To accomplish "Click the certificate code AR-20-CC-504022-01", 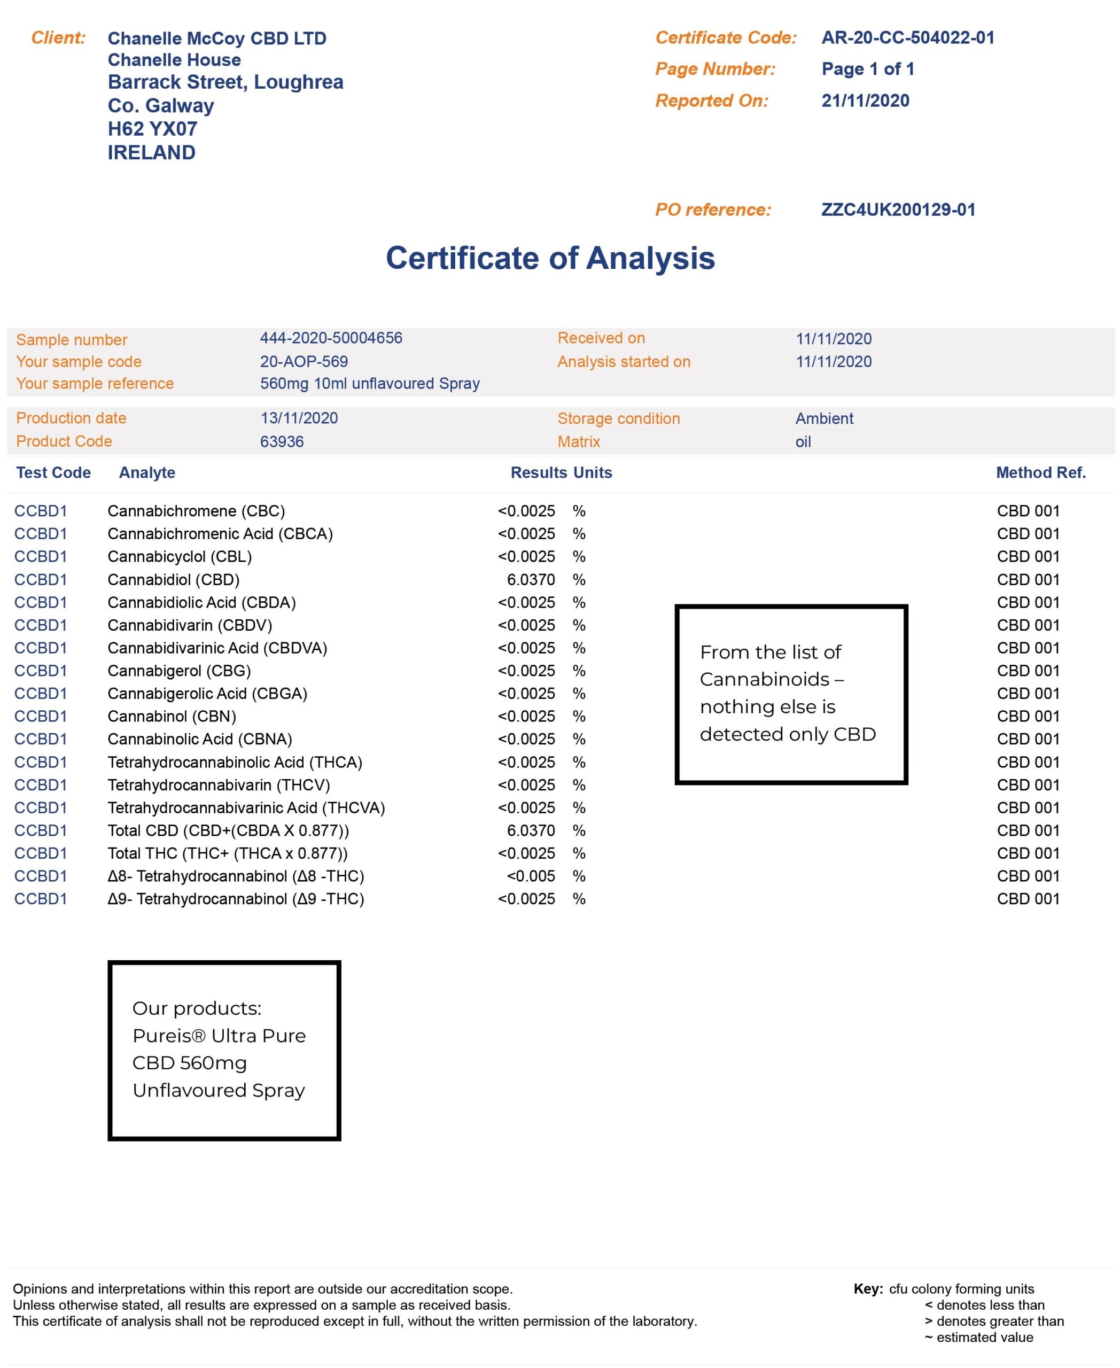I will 907,37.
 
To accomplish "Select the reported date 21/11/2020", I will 865,100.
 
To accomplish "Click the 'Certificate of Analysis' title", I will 550,258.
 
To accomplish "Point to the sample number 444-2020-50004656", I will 331,338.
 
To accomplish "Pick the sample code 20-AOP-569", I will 304,361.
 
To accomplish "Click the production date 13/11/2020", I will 299,418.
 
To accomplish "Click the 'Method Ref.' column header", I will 1040,472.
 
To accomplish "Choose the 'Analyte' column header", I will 147,472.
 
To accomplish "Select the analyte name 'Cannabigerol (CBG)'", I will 178,671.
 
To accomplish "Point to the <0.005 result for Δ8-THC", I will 530,876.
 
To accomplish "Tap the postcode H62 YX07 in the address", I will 152,129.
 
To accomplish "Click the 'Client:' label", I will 58,37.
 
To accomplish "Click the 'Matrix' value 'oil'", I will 803,441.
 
